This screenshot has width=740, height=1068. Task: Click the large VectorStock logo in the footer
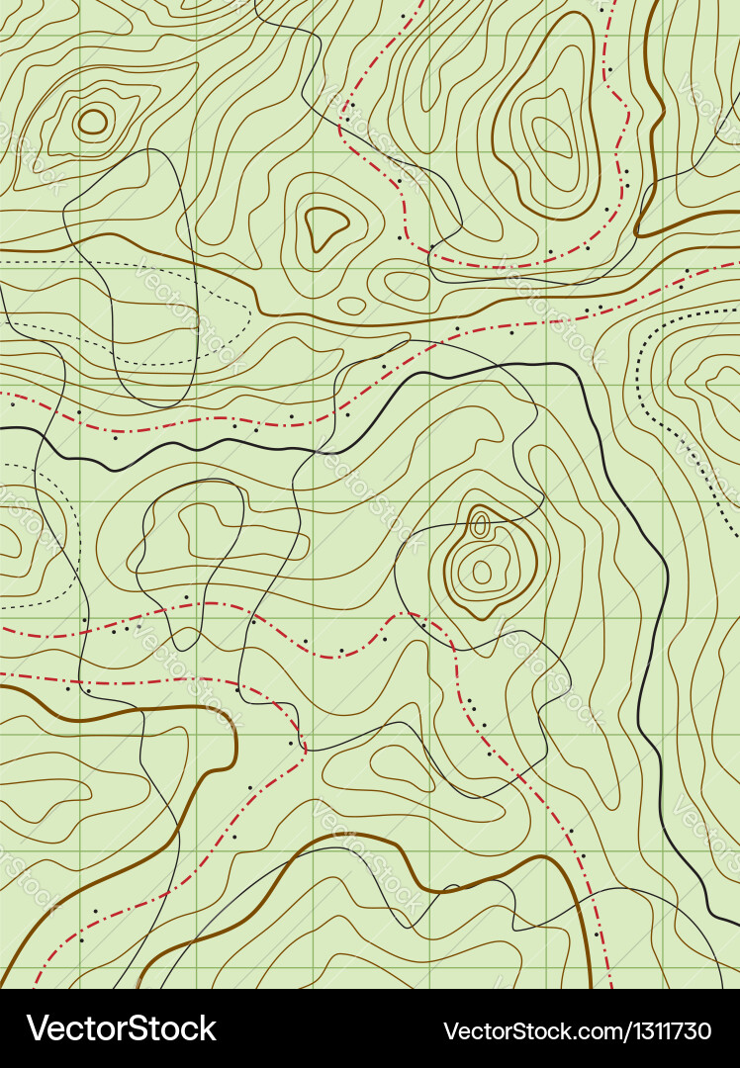point(122,1028)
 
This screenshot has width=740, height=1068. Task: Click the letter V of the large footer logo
point(38,1028)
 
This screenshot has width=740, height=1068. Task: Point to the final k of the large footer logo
point(206,1028)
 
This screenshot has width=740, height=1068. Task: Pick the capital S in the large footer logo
point(135,1028)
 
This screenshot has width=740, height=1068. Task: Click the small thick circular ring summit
point(93,122)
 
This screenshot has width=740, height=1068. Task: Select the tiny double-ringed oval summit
point(480,525)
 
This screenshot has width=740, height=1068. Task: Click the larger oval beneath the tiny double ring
point(482,572)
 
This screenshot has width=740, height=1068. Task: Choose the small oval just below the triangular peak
point(351,306)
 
